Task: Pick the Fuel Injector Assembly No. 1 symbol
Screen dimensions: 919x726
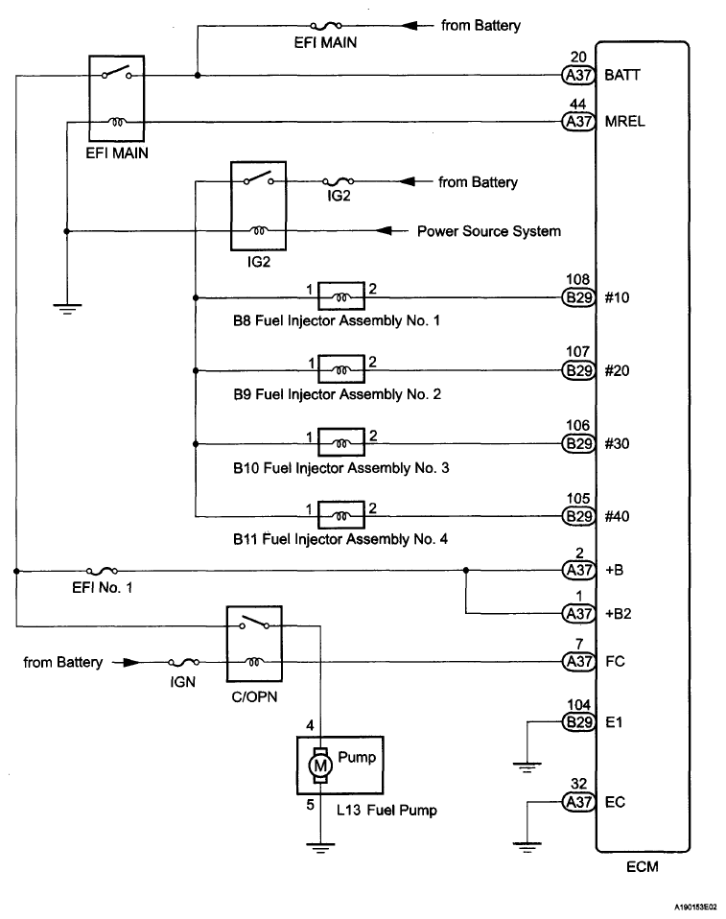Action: [x=340, y=297]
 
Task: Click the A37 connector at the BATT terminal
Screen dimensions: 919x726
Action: [x=578, y=75]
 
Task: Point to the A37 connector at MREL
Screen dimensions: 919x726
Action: [x=578, y=122]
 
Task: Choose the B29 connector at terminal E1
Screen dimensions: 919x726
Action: [x=578, y=723]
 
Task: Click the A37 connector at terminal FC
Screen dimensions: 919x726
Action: [x=578, y=662]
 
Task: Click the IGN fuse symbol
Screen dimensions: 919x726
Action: [x=184, y=662]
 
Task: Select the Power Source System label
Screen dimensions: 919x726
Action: [x=489, y=231]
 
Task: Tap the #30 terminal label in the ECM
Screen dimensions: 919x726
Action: [x=620, y=444]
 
